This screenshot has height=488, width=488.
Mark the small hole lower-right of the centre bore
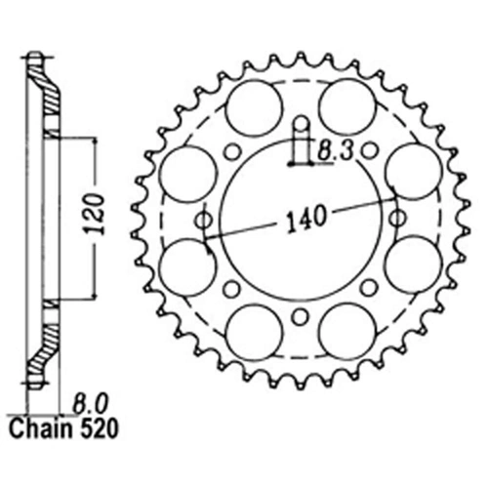[x=369, y=289]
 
